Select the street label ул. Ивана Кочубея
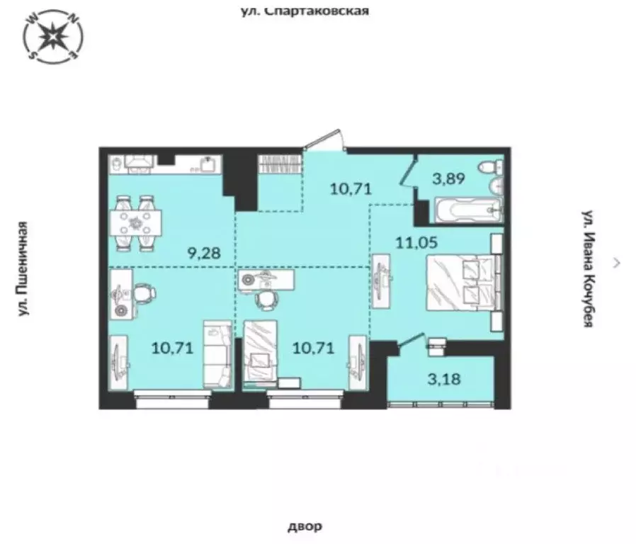click(587, 268)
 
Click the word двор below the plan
click(305, 526)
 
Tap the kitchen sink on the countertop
click(206, 165)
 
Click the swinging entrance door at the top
click(326, 140)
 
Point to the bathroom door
click(407, 172)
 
